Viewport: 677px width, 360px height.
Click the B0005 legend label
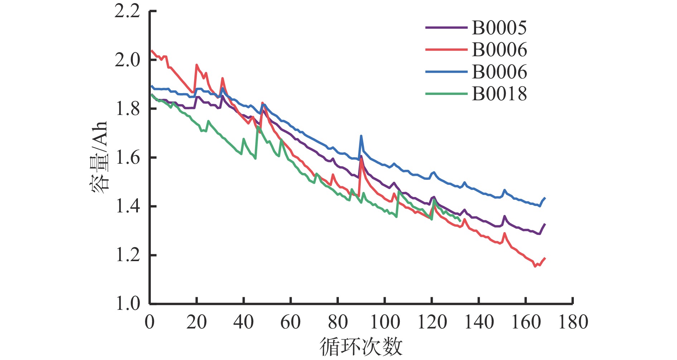point(499,28)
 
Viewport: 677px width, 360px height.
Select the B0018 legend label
point(499,94)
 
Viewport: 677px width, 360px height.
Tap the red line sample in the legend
point(446,49)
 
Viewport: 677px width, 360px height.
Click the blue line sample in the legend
point(446,72)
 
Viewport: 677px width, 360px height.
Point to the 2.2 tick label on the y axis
point(127,11)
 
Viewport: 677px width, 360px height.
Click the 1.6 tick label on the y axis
point(127,158)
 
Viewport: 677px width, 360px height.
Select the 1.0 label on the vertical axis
point(127,304)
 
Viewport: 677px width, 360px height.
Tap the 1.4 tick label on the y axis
point(127,207)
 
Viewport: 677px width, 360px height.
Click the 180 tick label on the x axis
point(573,322)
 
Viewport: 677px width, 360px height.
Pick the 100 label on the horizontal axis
point(385,322)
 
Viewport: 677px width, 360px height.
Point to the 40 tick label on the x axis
point(244,322)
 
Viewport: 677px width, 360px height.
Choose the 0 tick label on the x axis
point(150,322)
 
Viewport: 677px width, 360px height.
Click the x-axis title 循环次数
point(361,347)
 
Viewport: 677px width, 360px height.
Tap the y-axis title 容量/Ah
point(99,158)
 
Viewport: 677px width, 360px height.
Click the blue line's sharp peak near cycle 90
point(361,136)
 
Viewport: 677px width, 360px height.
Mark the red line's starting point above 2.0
point(152,51)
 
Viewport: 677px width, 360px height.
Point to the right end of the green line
point(460,221)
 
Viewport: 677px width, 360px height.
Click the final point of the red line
point(545,258)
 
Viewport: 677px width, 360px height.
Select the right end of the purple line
point(545,224)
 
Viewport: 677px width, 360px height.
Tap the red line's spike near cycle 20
point(197,65)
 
